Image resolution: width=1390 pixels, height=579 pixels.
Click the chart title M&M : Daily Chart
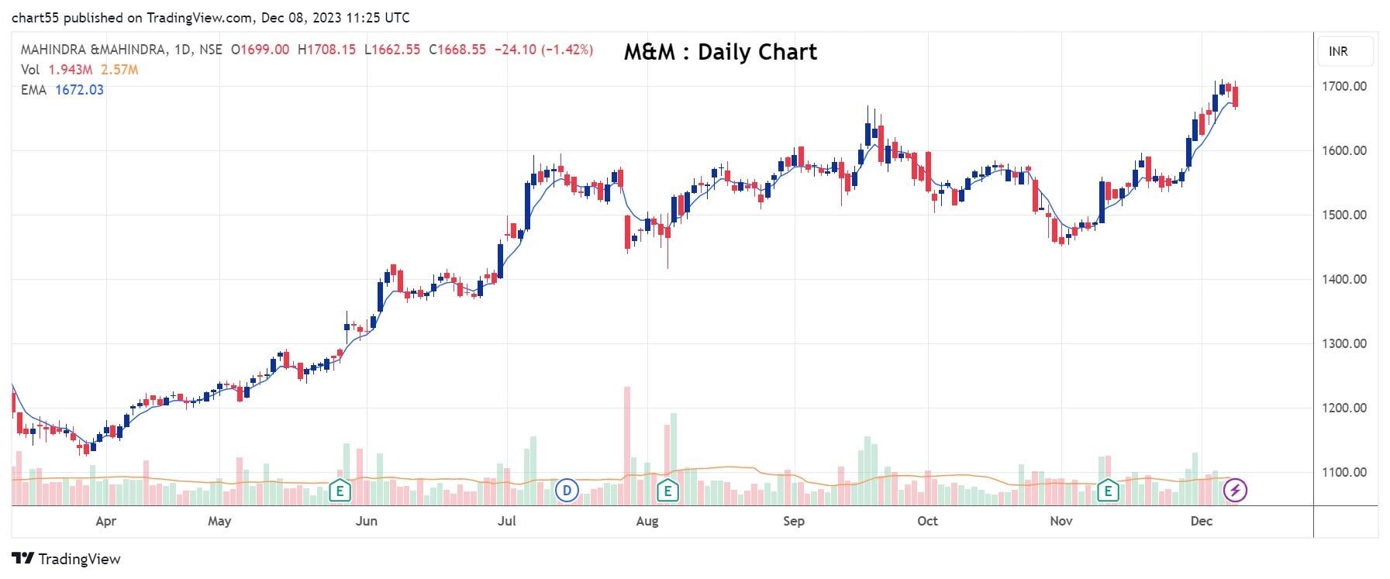[720, 52]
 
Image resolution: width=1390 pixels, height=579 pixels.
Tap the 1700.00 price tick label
[1344, 86]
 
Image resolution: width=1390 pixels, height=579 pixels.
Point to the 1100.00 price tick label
[1344, 472]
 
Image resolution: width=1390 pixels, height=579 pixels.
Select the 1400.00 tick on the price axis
[1344, 279]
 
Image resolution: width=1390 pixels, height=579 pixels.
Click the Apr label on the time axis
[105, 521]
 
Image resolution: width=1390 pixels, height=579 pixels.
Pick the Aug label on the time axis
[647, 521]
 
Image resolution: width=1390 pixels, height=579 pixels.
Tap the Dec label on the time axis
[1201, 521]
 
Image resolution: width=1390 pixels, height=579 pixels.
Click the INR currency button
[1338, 51]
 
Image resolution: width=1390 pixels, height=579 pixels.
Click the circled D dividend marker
[567, 490]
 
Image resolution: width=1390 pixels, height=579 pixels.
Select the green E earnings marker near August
[667, 490]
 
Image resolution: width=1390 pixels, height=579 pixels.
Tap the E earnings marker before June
[340, 490]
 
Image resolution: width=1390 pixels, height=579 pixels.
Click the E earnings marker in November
[1109, 490]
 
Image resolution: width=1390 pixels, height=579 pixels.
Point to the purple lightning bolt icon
[1235, 490]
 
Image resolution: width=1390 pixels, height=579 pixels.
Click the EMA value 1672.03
[79, 90]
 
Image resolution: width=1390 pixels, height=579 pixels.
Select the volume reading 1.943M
[71, 70]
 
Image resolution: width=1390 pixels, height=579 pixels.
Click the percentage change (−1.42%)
[567, 50]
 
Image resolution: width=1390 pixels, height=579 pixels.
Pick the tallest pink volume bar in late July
[626, 445]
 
